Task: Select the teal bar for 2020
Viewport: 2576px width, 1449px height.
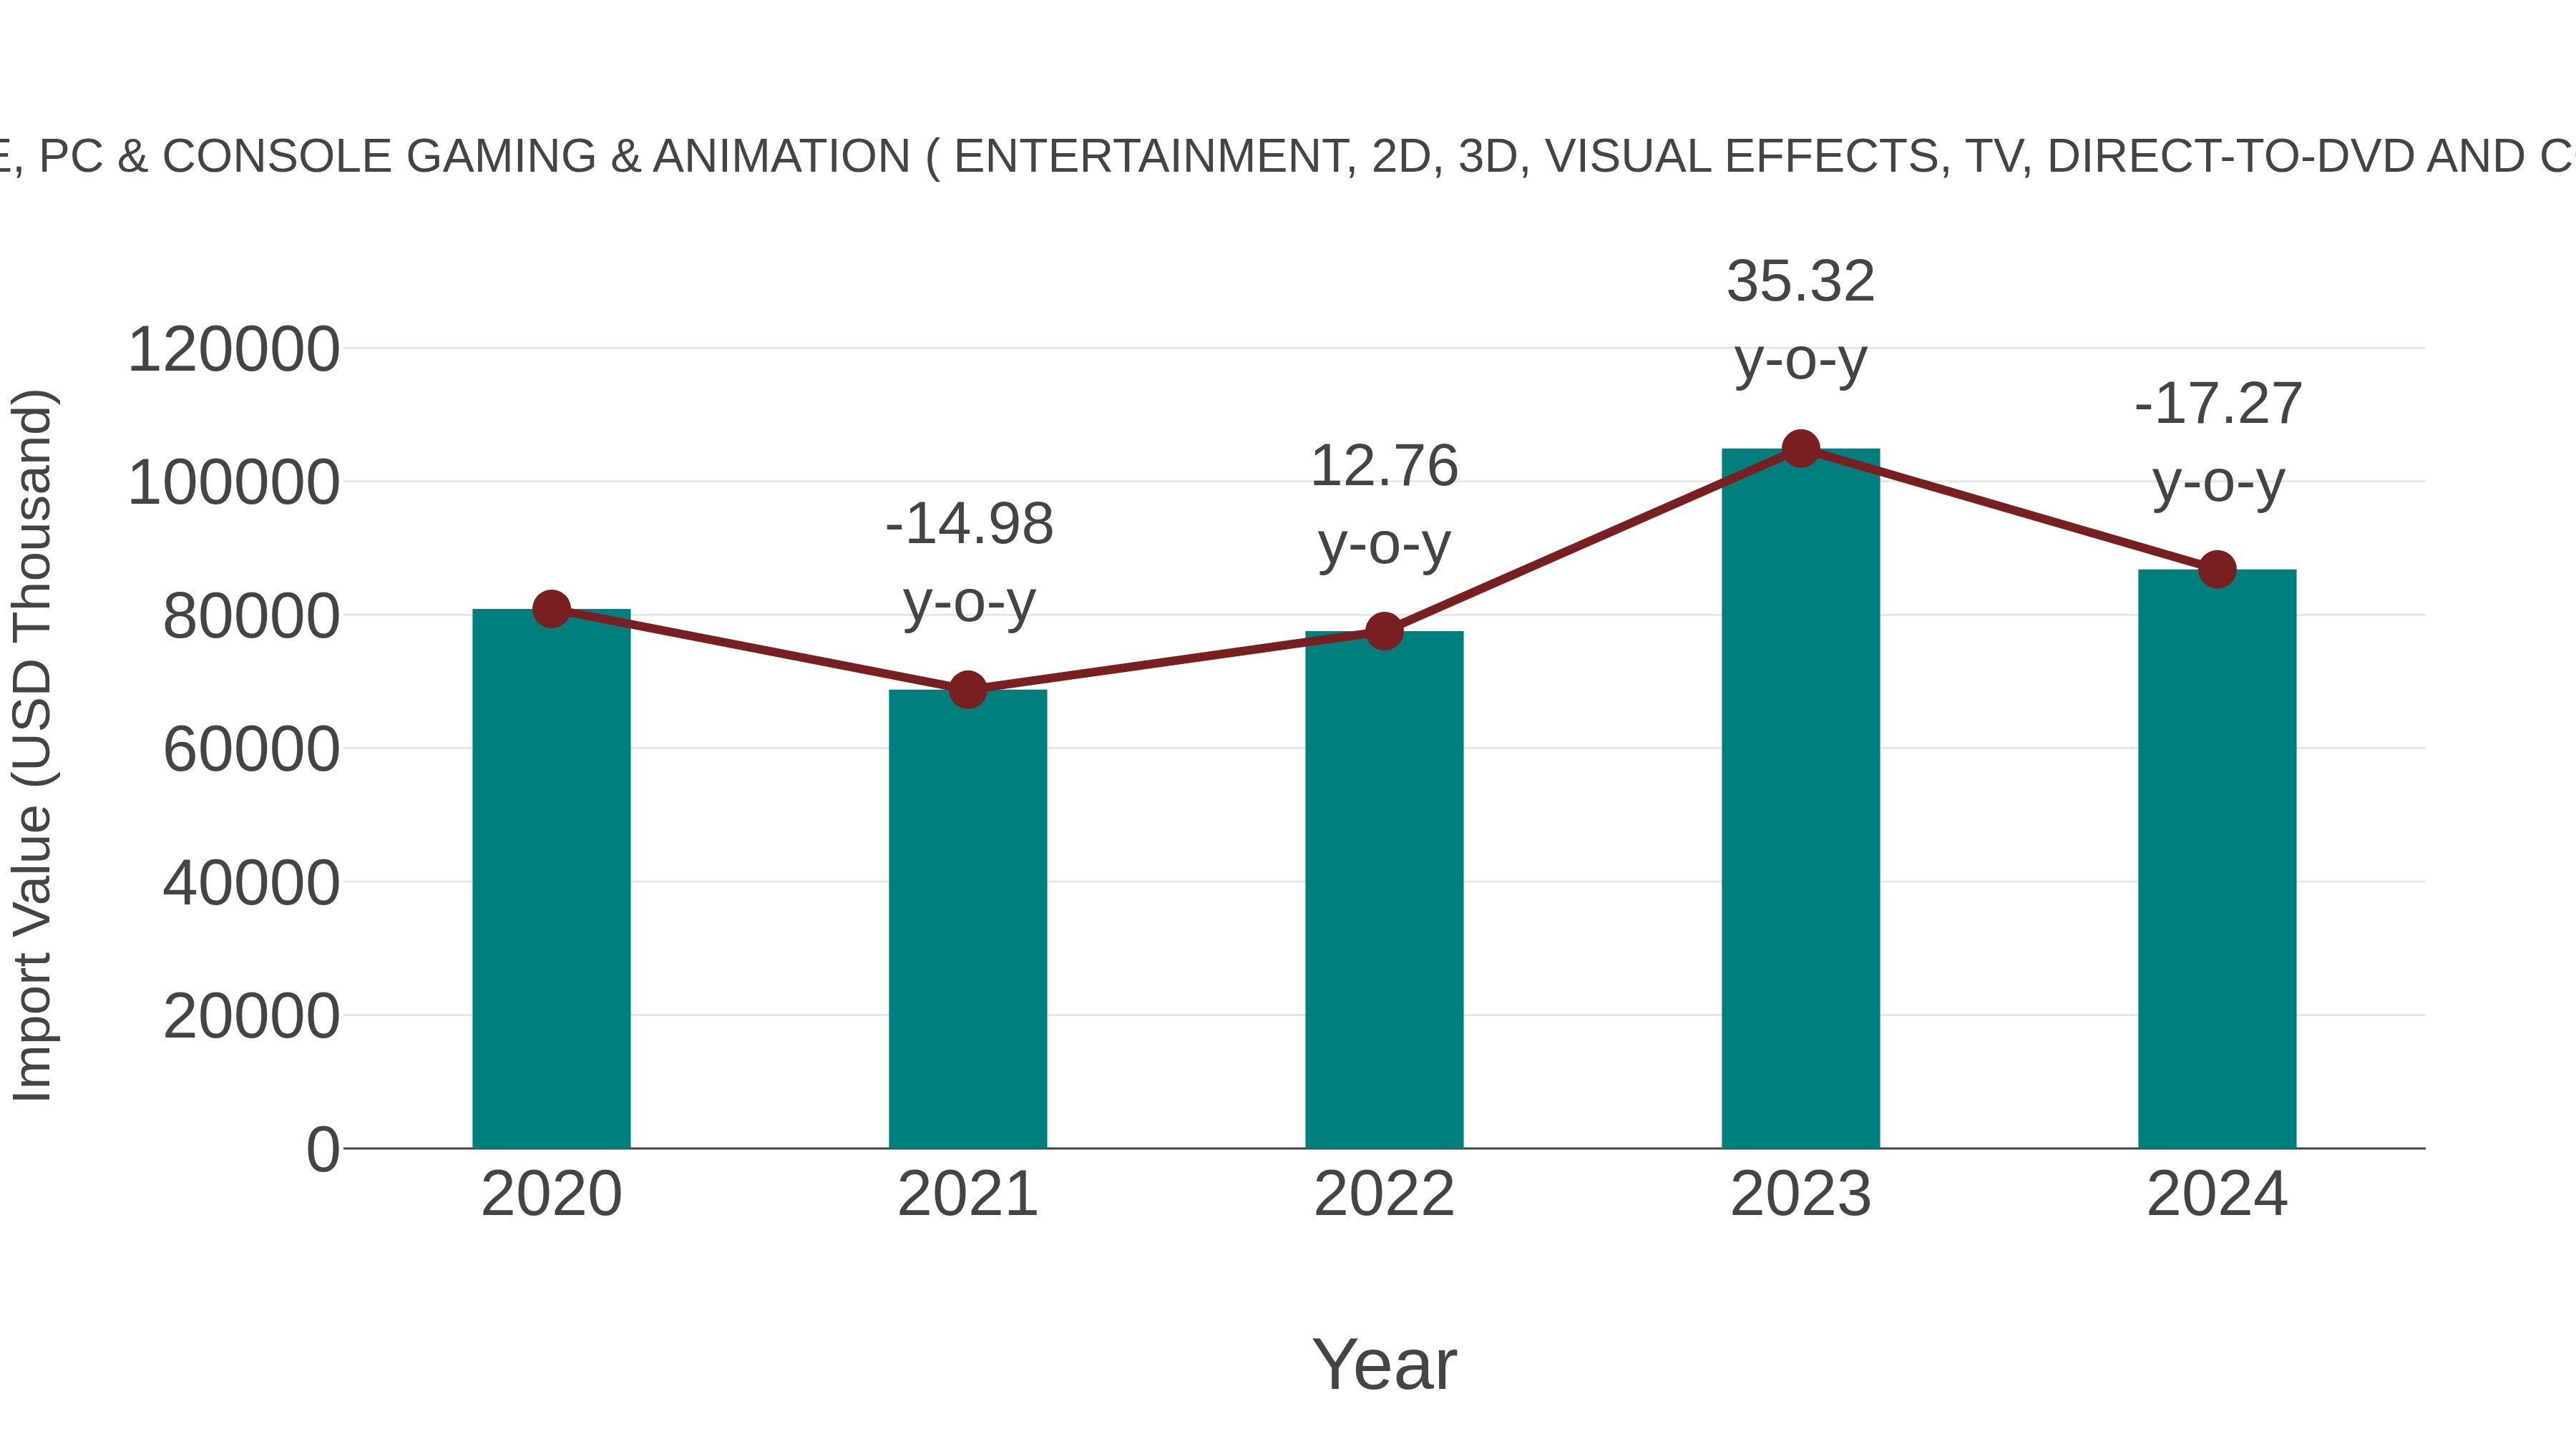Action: pos(551,880)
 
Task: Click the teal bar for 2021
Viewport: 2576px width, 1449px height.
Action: pos(967,920)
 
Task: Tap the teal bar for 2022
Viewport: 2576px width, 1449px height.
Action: pos(1384,890)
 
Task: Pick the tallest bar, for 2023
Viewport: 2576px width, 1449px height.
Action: pos(1800,800)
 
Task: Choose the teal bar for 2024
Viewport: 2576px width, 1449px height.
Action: pos(2217,860)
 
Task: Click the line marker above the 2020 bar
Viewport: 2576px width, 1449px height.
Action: pos(551,608)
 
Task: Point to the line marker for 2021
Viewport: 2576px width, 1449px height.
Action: pos(967,689)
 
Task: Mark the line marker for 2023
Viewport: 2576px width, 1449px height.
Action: pos(1800,449)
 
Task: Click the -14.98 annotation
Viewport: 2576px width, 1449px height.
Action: pos(969,524)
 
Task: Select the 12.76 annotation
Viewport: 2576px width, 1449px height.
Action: pos(1384,466)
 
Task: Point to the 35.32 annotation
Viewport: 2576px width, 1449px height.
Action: pos(1800,281)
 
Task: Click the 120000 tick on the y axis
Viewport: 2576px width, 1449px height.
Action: pos(233,350)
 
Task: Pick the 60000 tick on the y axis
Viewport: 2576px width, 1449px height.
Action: pos(251,750)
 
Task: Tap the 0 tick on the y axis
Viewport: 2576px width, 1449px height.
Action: pos(322,1149)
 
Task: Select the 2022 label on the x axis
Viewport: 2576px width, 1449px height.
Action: pos(1384,1194)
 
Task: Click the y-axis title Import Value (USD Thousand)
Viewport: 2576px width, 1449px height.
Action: pos(33,745)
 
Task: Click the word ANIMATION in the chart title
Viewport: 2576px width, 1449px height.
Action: pos(781,157)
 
